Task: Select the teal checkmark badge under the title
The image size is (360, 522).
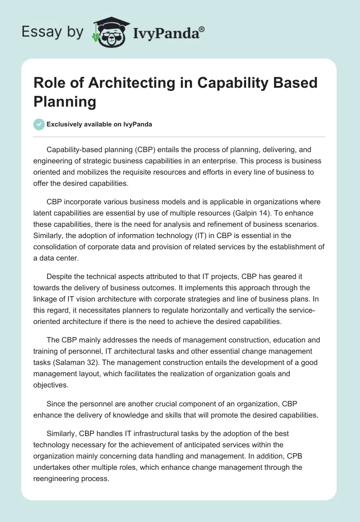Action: (x=39, y=124)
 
